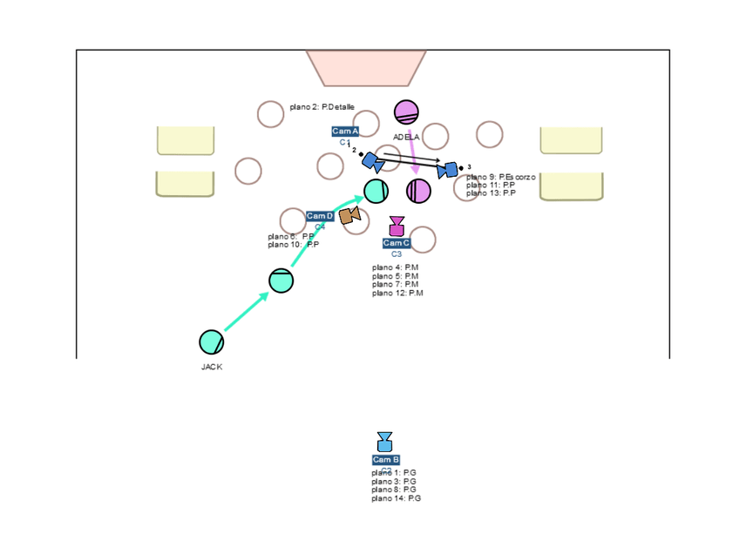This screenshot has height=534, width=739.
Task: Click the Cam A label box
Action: pos(345,132)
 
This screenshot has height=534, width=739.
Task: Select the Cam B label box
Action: pos(386,459)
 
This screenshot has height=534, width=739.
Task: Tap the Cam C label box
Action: pos(397,243)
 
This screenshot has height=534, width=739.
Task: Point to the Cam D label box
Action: pos(320,216)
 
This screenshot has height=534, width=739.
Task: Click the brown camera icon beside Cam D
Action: pos(350,215)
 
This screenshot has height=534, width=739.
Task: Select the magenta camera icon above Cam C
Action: pos(397,226)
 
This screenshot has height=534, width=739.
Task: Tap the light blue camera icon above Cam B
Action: pos(385,442)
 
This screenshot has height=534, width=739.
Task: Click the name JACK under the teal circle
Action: pos(212,367)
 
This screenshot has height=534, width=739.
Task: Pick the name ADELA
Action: pos(406,137)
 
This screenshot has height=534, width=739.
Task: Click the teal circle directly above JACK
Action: pos(212,341)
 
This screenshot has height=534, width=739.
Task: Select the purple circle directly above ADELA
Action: pos(406,112)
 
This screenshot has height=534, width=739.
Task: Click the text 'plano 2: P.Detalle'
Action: pos(322,107)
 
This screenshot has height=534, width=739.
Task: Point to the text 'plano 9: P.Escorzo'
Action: pos(501,177)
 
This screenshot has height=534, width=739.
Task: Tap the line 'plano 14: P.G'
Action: pos(396,498)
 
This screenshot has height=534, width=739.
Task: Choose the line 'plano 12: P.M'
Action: pos(397,293)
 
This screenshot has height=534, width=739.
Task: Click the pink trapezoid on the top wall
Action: pos(366,67)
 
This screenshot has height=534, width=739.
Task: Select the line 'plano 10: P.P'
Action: pos(293,245)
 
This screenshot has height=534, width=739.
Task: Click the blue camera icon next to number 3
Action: pos(448,170)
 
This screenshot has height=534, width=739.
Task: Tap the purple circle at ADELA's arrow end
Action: pos(418,191)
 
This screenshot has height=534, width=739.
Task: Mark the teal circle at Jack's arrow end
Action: pos(376,190)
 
